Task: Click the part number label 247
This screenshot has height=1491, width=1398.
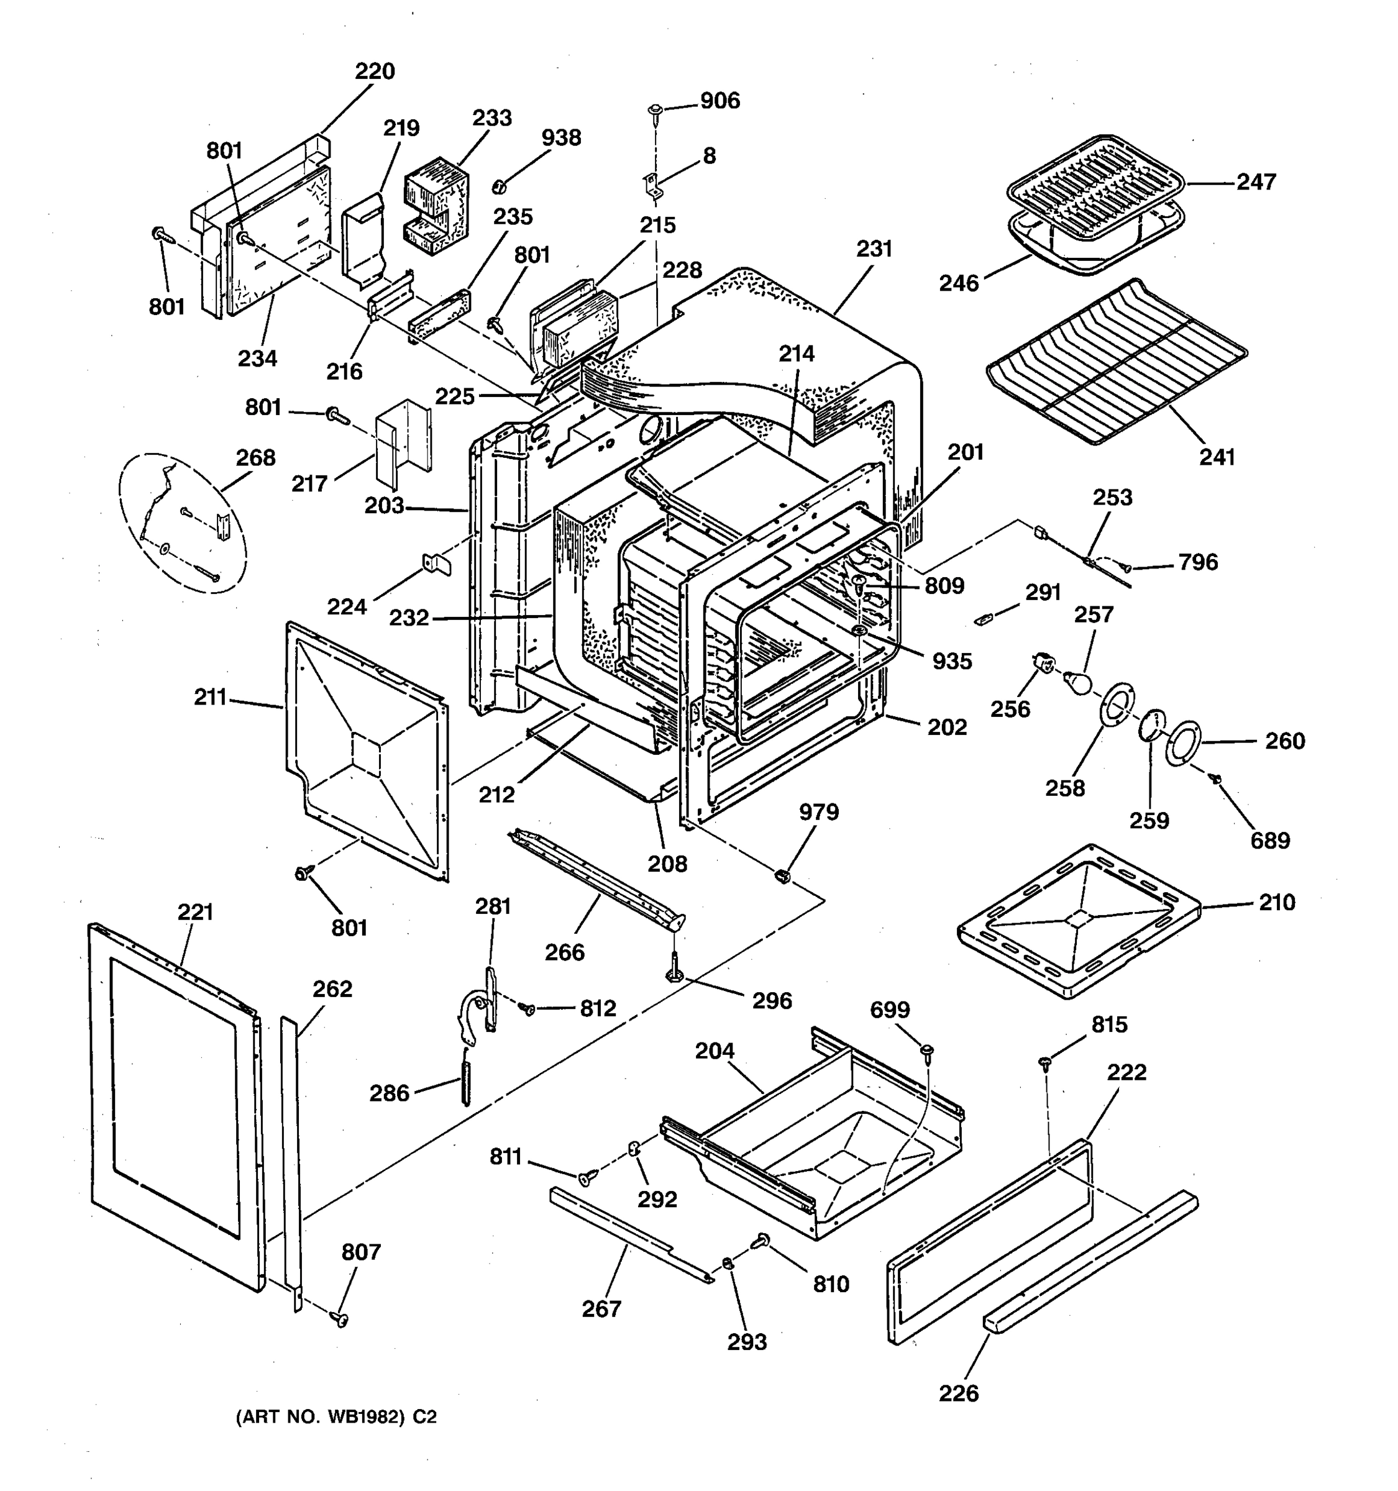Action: click(x=1256, y=182)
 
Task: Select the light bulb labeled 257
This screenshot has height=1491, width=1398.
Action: click(x=1079, y=681)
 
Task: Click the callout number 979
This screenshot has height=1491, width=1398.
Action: click(x=819, y=811)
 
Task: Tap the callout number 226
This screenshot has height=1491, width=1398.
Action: click(x=959, y=1393)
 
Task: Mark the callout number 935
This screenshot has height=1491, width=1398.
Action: click(x=952, y=662)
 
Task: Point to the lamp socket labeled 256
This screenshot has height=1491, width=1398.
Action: click(x=1043, y=662)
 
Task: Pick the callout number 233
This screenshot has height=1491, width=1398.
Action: click(x=492, y=118)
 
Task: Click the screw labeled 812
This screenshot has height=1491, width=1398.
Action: click(x=529, y=1010)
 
